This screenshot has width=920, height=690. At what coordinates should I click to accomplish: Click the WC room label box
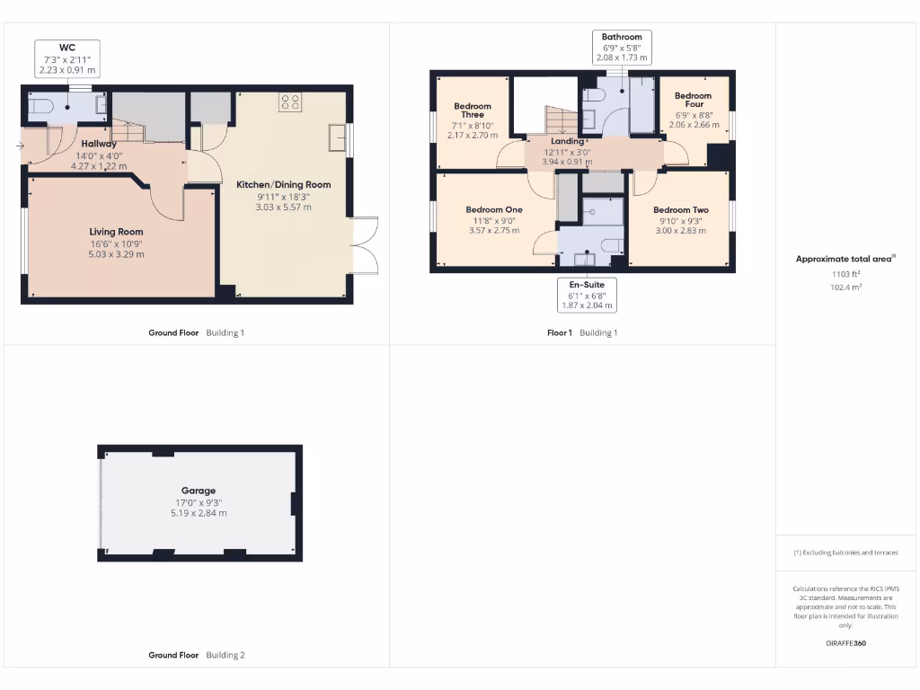(x=67, y=57)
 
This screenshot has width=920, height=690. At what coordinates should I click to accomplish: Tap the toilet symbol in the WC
(x=40, y=108)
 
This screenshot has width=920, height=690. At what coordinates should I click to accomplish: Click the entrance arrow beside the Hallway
(x=20, y=145)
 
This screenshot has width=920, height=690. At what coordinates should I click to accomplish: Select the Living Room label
(x=117, y=232)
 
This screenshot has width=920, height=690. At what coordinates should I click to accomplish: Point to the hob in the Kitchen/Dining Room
(x=290, y=102)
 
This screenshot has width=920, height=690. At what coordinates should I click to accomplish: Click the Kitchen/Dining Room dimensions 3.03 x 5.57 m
(x=283, y=207)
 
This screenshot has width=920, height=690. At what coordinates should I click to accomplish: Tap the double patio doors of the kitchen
(x=365, y=245)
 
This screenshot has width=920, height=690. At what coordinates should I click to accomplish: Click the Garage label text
(x=199, y=491)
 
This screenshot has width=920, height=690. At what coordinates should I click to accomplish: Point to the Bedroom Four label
(x=693, y=100)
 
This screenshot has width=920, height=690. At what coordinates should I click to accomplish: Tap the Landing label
(x=567, y=141)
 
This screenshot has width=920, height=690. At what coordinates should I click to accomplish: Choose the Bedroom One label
(x=495, y=209)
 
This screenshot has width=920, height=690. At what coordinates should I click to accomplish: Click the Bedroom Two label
(x=680, y=209)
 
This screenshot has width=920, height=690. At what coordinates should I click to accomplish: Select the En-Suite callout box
(x=587, y=295)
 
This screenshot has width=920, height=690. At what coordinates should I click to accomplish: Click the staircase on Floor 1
(x=560, y=119)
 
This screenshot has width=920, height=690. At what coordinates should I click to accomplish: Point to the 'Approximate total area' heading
(x=845, y=259)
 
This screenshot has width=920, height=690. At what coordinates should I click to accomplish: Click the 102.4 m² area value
(x=845, y=287)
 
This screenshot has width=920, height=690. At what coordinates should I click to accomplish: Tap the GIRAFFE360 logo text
(x=845, y=643)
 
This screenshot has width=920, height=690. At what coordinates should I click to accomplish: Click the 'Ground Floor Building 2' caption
(x=196, y=655)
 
